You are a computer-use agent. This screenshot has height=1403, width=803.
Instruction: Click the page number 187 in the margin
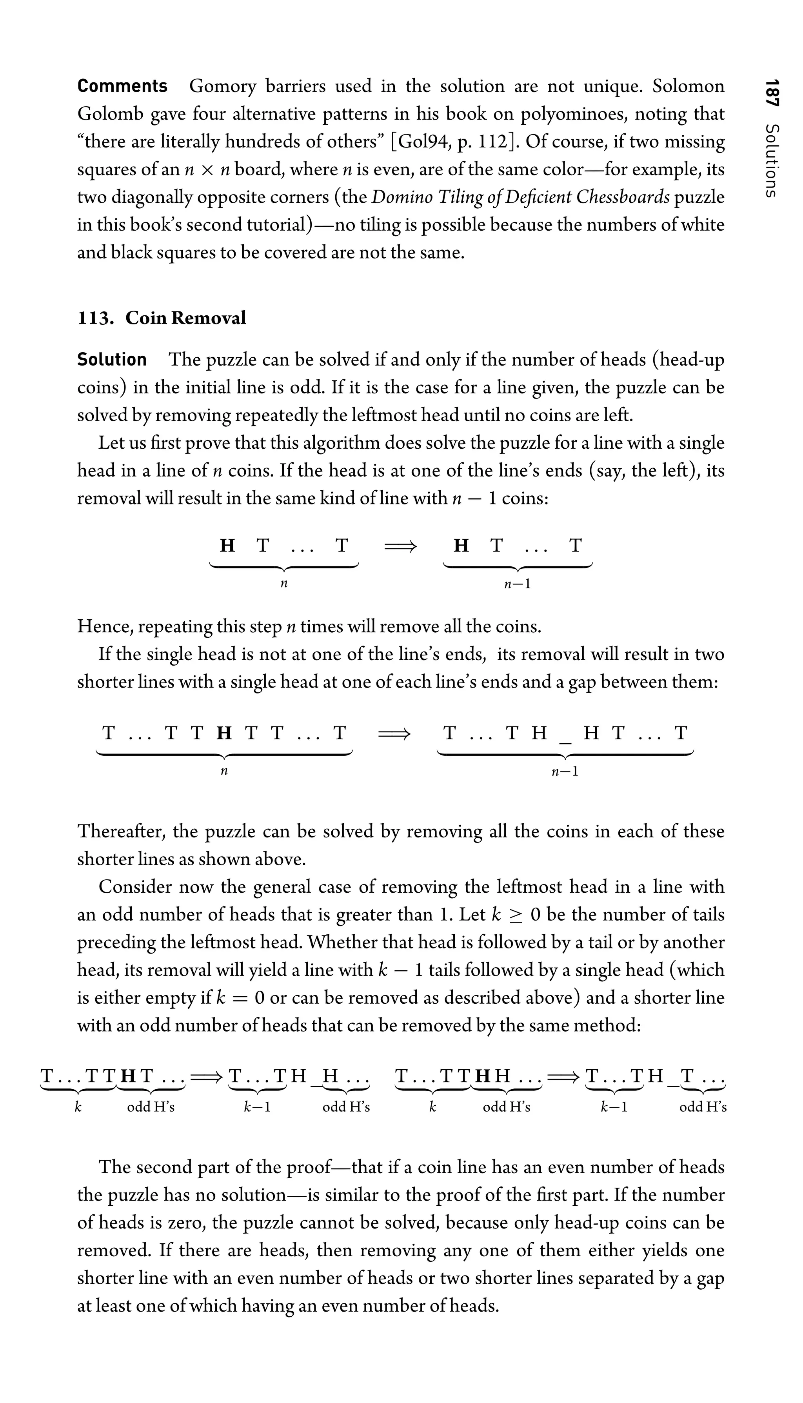tap(772, 93)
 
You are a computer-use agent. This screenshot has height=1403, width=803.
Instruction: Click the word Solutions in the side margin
tap(772, 160)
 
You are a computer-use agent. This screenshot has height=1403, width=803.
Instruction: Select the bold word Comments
tap(122, 87)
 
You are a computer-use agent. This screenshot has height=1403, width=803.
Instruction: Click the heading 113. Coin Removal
tap(162, 318)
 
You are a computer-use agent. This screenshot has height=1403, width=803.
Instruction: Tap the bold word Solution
tap(112, 360)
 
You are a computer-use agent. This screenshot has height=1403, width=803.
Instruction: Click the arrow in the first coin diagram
tap(401, 546)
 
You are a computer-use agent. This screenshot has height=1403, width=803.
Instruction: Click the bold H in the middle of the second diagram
tap(224, 733)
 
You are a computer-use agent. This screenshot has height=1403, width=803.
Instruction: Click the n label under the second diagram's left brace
tap(224, 771)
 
